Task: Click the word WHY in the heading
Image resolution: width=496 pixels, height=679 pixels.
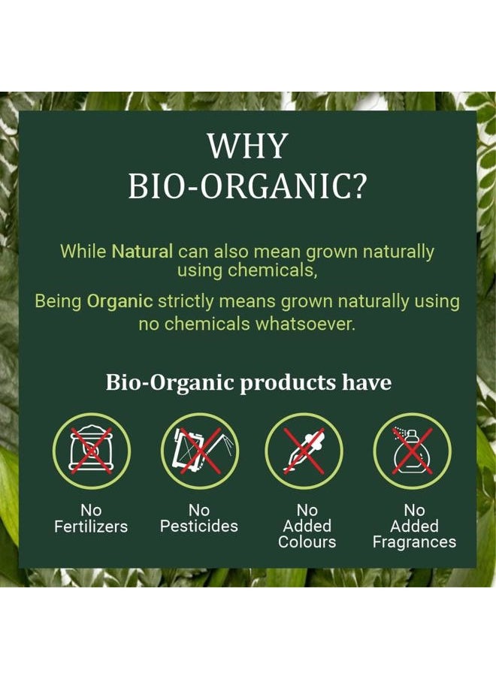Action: pyautogui.click(x=247, y=146)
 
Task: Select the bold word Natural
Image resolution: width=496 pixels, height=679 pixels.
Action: pyautogui.click(x=143, y=251)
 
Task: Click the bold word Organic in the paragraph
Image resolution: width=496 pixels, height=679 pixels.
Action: pyautogui.click(x=120, y=302)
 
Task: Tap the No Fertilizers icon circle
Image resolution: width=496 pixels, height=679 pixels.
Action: pyautogui.click(x=92, y=451)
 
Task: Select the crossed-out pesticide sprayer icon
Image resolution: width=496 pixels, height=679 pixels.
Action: pyautogui.click(x=198, y=451)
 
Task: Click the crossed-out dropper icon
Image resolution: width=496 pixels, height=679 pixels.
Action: pyautogui.click(x=305, y=451)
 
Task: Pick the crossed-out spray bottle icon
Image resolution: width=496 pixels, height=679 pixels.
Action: pyautogui.click(x=413, y=451)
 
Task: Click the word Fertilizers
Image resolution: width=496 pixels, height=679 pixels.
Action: pyautogui.click(x=91, y=527)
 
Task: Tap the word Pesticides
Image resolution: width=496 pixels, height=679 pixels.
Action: pyautogui.click(x=198, y=527)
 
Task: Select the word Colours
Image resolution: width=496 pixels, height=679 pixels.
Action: pyautogui.click(x=307, y=542)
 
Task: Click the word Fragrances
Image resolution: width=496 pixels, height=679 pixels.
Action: pyautogui.click(x=414, y=542)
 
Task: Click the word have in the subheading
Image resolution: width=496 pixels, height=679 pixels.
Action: pyautogui.click(x=367, y=382)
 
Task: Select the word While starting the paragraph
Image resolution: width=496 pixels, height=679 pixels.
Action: pyautogui.click(x=83, y=251)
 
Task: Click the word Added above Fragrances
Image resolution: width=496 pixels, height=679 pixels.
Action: pyautogui.click(x=414, y=526)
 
